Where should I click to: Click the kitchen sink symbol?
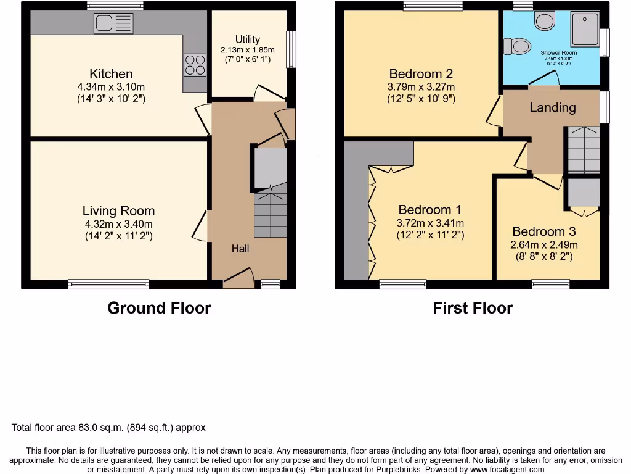coord(114,23)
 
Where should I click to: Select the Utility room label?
coord(247,39)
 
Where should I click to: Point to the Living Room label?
coord(119,211)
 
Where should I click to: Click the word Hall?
coord(240,249)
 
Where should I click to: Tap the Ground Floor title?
coord(159,308)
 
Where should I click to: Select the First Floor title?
coord(473,308)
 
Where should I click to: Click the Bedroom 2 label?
coord(421,74)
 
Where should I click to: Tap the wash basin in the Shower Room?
coord(544,22)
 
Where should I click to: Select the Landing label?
coord(552,107)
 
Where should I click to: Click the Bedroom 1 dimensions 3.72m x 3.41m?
coord(431,223)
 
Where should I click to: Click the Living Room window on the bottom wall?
coord(108,284)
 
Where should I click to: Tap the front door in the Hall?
coord(238,279)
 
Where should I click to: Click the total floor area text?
coord(108,427)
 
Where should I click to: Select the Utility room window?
coord(291,49)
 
